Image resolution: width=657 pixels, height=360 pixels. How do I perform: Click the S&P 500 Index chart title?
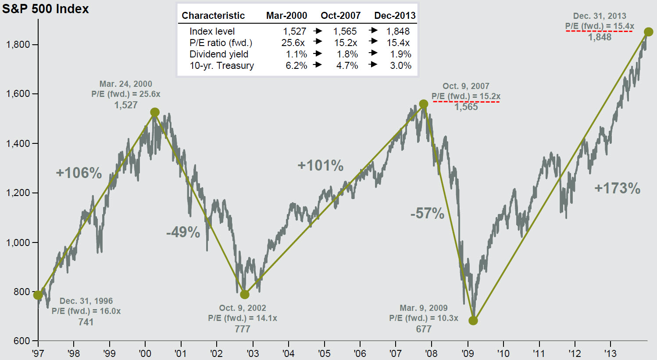tap(45, 9)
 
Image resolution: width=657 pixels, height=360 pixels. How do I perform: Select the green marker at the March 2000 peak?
tap(155, 112)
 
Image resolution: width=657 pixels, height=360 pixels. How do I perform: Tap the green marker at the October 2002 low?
tap(245, 294)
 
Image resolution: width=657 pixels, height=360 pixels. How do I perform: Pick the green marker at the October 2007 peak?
tap(423, 104)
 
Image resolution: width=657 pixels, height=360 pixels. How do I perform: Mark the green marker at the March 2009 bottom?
tap(473, 321)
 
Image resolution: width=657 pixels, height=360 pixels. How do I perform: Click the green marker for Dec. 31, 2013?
tap(648, 32)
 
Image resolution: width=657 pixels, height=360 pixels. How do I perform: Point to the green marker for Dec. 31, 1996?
tap(38, 295)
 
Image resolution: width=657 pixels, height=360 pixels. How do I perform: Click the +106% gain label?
tap(79, 173)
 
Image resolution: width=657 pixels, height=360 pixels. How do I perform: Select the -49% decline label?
tap(183, 232)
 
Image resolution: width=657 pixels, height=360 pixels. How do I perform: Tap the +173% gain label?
tap(617, 189)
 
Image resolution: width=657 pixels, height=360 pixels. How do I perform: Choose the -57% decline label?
tap(427, 214)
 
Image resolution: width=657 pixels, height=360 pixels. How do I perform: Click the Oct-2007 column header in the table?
tap(340, 16)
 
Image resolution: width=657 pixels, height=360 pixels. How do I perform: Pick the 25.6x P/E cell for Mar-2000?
tap(293, 43)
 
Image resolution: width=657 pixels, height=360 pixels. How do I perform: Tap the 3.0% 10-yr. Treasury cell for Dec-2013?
tap(400, 66)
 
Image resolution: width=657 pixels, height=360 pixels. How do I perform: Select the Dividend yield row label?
tap(219, 54)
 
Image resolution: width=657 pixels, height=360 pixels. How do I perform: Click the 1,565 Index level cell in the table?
tap(345, 32)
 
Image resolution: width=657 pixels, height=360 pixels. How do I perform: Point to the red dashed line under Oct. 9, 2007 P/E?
tap(466, 102)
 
